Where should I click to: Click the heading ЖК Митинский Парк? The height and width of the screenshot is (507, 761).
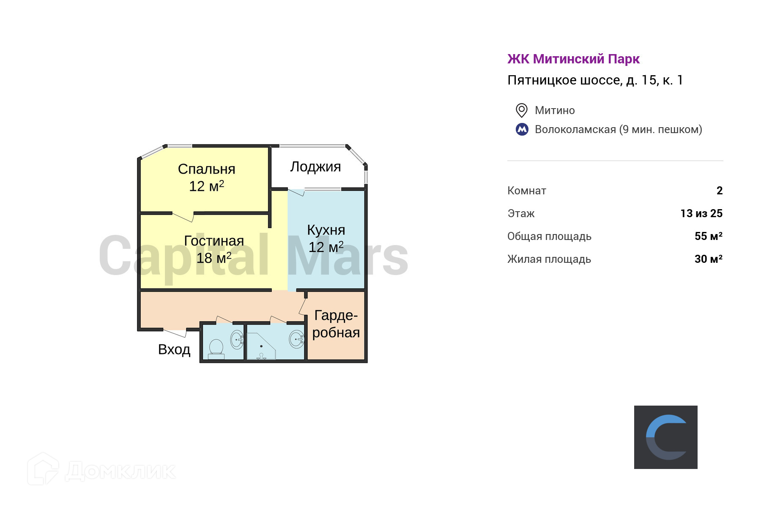point(573,59)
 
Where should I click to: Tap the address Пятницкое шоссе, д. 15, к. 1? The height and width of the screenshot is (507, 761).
point(595,80)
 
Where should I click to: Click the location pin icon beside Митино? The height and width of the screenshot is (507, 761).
point(522,110)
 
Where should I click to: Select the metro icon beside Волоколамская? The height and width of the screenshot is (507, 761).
point(522,129)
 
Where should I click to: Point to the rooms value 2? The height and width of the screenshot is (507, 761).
point(720,191)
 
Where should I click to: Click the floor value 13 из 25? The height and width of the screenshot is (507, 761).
point(701,213)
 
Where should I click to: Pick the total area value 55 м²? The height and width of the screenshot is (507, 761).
point(709,236)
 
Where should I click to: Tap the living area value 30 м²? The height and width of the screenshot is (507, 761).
point(709,259)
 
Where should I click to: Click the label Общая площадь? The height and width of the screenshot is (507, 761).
point(549,236)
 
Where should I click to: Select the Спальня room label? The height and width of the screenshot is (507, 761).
point(206,169)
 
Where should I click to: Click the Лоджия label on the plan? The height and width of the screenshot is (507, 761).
point(315,167)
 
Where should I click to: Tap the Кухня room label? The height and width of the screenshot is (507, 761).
point(326,230)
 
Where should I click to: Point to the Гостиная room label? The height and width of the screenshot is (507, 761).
point(214,241)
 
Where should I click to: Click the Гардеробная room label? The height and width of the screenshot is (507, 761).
point(336,324)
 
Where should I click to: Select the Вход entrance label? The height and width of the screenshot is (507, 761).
point(174,349)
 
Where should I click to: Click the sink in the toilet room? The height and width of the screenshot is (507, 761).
point(237,339)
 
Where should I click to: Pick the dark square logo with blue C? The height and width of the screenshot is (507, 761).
point(665,437)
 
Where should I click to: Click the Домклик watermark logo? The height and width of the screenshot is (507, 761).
point(101,470)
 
